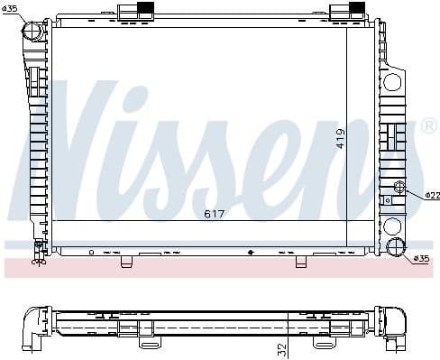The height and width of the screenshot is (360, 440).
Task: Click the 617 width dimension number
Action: coord(214,214)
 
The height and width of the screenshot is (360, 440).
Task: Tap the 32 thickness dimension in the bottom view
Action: coord(282,347)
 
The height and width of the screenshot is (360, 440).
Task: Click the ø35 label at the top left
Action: coord(10,9)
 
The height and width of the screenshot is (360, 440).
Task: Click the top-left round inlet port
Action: coord(33,32)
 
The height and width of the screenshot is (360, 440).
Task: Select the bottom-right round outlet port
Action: coord(396,248)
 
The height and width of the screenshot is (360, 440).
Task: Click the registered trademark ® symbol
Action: coord(428,125)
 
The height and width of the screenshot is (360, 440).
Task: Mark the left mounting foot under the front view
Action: coord(126,262)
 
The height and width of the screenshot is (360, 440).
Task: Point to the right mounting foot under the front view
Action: coord(301,262)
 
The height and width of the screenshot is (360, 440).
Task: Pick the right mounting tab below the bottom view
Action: coord(323,342)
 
